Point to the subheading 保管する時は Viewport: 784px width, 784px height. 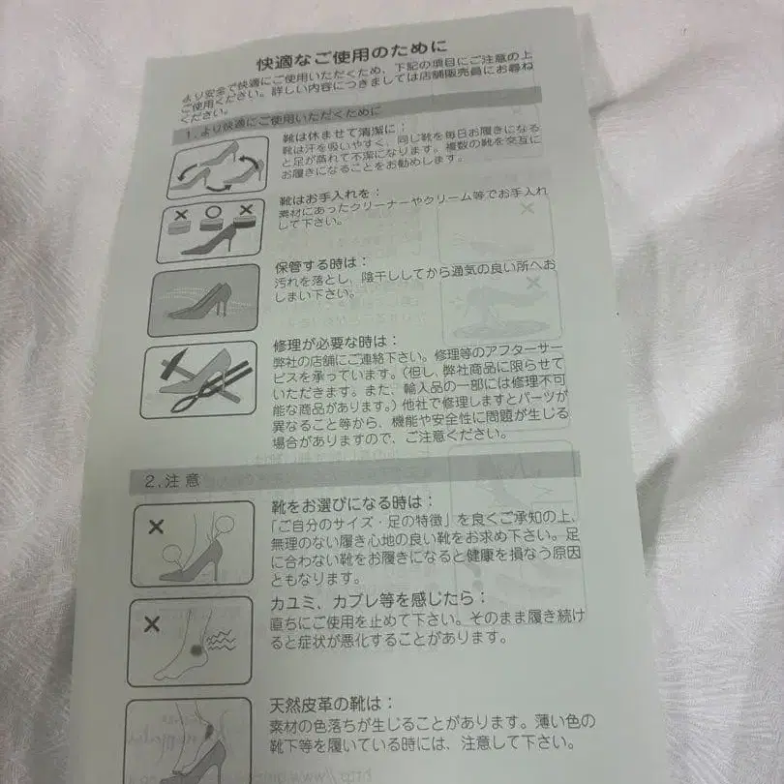tap(310, 263)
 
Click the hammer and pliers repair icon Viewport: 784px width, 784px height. tap(197, 378)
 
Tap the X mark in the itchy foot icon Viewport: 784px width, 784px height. tap(152, 624)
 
